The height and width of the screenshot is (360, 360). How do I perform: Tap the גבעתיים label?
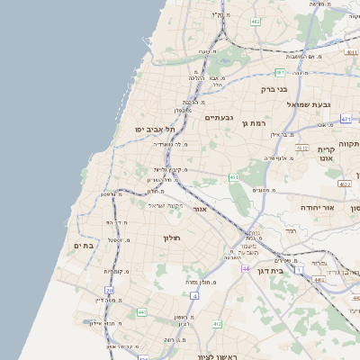220,118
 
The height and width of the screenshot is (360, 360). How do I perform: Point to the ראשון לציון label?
215,357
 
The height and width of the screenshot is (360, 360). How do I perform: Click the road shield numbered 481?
280,72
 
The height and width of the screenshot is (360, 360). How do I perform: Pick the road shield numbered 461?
233,178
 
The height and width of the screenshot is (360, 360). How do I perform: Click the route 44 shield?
245,268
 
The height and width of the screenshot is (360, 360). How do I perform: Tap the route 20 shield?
110,290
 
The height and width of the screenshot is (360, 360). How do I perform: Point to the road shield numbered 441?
142,311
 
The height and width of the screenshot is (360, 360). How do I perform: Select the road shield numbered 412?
217,323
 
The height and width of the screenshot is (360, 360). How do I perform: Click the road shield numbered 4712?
302,148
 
